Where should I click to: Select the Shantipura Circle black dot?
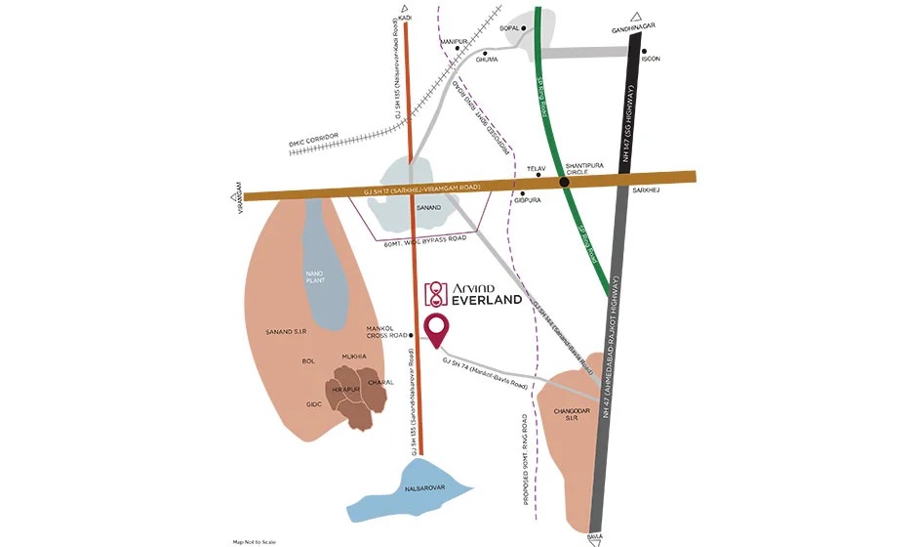click(565, 181)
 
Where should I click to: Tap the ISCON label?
click(651, 59)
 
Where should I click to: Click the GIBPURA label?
click(528, 201)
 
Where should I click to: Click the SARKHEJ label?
click(647, 190)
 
